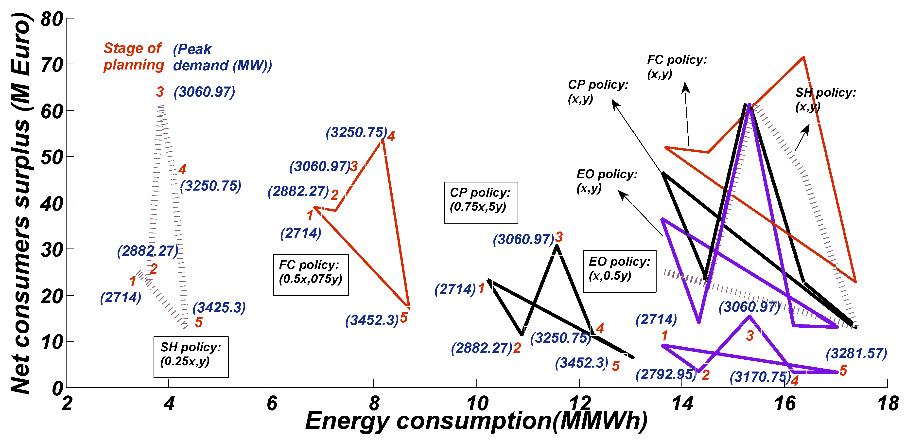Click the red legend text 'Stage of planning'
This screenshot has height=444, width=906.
pyautogui.click(x=134, y=57)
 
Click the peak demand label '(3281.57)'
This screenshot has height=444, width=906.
pyautogui.click(x=856, y=354)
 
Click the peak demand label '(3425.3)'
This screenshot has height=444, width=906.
pyautogui.click(x=219, y=307)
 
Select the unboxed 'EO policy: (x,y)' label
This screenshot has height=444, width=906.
pyautogui.click(x=606, y=181)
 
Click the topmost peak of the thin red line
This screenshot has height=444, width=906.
pyautogui.click(x=804, y=57)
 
